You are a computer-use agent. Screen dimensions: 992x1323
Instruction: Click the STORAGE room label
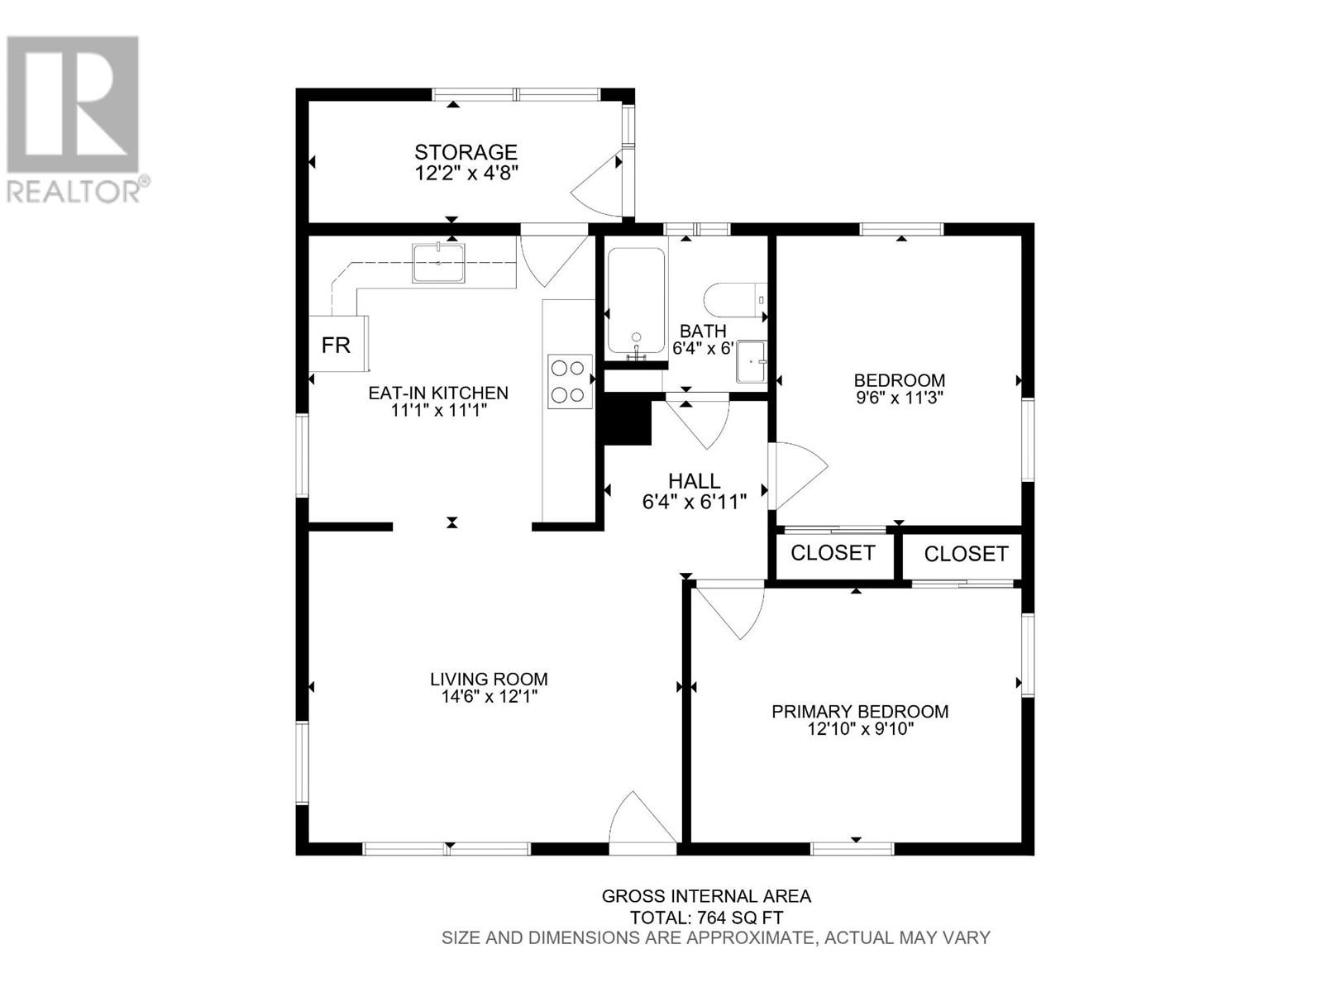[466, 152]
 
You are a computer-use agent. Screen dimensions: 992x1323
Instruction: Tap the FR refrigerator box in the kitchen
[337, 345]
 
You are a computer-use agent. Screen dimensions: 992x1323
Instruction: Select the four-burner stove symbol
[570, 381]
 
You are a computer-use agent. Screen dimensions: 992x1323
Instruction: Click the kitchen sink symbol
[438, 264]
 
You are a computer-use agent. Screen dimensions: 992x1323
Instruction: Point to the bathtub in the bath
[636, 302]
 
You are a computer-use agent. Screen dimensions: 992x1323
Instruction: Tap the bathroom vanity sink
[752, 361]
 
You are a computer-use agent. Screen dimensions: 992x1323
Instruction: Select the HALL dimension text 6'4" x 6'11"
[694, 501]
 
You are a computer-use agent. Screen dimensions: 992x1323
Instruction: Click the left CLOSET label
[833, 553]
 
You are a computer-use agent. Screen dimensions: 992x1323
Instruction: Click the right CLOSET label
[966, 554]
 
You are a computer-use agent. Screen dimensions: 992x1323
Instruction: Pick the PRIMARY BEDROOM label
[860, 712]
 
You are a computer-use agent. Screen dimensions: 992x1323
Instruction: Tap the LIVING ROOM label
[489, 680]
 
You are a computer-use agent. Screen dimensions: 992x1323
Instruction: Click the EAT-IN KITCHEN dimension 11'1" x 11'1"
[438, 410]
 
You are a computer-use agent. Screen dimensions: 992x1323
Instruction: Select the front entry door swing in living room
[640, 823]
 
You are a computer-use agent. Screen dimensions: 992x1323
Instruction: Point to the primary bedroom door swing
[732, 610]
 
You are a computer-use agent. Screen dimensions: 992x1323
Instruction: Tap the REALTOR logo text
[74, 191]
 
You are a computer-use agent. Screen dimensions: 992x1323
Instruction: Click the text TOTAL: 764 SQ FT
[706, 918]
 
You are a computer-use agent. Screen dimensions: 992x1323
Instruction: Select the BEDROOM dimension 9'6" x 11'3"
[899, 398]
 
